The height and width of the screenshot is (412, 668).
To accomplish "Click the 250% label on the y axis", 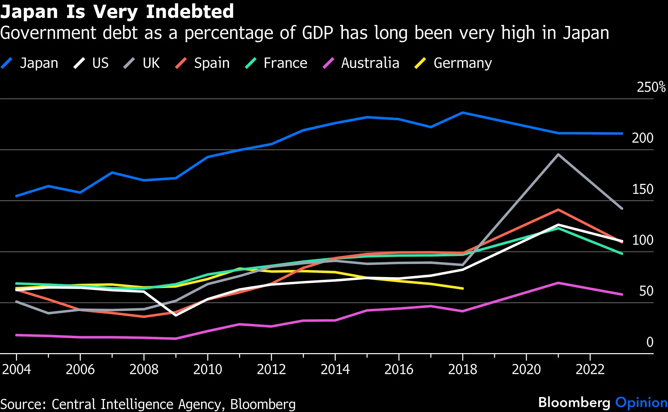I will click(x=651, y=87).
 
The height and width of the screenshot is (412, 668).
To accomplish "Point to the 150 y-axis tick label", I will click(x=642, y=189).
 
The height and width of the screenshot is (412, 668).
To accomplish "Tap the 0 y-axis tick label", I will click(x=649, y=342).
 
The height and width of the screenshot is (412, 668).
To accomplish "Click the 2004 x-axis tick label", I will click(x=16, y=369).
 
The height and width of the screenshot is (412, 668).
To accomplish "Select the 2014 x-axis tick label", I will click(x=335, y=369).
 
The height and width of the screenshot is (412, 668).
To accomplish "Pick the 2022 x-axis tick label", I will click(x=590, y=369).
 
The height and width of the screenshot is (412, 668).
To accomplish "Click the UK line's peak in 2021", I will click(x=558, y=154).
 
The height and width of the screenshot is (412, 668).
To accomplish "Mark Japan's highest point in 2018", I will click(x=463, y=112).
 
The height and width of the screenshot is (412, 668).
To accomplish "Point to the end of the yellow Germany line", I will click(x=463, y=288).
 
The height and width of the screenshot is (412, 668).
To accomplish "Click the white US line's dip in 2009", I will click(x=175, y=315).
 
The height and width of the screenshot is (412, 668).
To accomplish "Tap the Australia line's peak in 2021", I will click(x=558, y=283).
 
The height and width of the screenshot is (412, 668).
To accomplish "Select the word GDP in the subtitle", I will click(x=318, y=33).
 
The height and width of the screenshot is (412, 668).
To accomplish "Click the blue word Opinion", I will click(x=641, y=403).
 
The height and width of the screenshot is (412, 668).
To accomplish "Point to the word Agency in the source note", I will click(x=199, y=404).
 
